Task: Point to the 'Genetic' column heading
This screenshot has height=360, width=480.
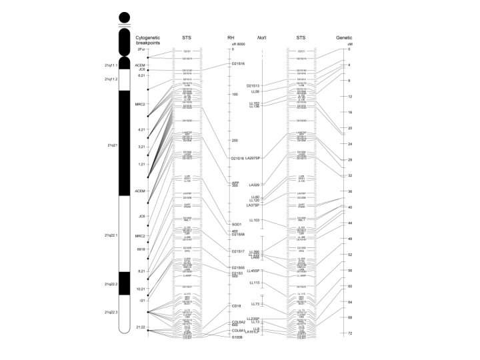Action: pos(345,37)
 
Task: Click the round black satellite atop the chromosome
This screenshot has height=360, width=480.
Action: pos(124,17)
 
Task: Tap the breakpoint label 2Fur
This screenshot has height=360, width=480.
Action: pos(140,49)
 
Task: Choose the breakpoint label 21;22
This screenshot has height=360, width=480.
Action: pos(141,345)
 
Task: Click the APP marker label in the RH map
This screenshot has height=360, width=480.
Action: pos(235,182)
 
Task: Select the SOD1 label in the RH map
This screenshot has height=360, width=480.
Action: pos(237,224)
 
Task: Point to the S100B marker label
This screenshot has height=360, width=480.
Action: pos(238,355)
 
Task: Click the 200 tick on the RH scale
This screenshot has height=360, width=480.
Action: pos(234,141)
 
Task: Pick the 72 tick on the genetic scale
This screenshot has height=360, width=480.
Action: pos(349,351)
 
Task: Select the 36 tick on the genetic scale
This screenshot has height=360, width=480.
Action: pos(349,191)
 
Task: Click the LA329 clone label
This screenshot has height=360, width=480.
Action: pos(254,184)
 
